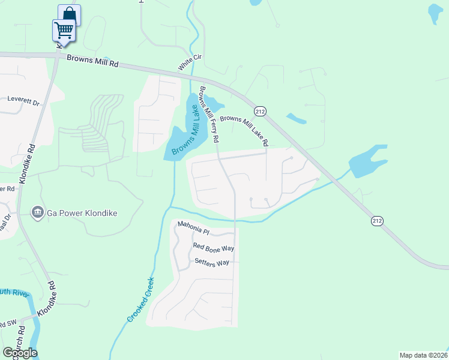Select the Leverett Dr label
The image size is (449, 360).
[23, 100]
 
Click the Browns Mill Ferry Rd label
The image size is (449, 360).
[209, 114]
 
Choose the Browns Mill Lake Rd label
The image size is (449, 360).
[243, 129]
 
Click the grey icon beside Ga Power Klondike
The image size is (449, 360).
[37, 212]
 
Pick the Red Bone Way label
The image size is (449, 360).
[213, 247]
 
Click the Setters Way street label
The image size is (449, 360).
[212, 263]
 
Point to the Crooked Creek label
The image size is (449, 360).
[141, 299]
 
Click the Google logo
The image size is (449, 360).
[20, 352]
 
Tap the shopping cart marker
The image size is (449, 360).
[64, 29]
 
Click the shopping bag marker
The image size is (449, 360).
[69, 14]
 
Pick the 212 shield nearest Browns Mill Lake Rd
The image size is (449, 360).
[260, 112]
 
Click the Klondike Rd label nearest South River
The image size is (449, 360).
[50, 299]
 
